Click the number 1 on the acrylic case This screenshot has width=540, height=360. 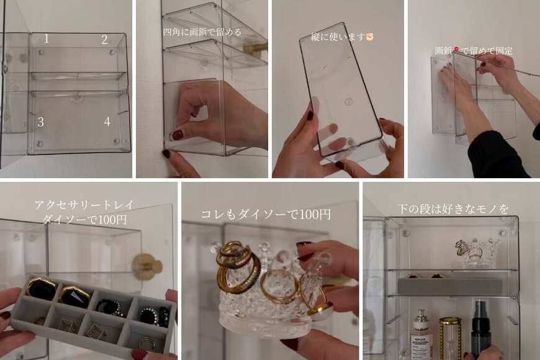coord(47,39)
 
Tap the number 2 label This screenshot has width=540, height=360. coord(104,39)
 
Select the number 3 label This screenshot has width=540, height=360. coord(40,122)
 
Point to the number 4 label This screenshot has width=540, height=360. coord(107,122)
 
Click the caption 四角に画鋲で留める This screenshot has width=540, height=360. coord(202,31)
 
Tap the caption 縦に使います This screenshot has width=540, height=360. coord(342,37)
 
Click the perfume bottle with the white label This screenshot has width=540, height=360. coord(422,335)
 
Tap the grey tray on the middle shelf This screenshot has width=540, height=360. coord(450,286)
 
